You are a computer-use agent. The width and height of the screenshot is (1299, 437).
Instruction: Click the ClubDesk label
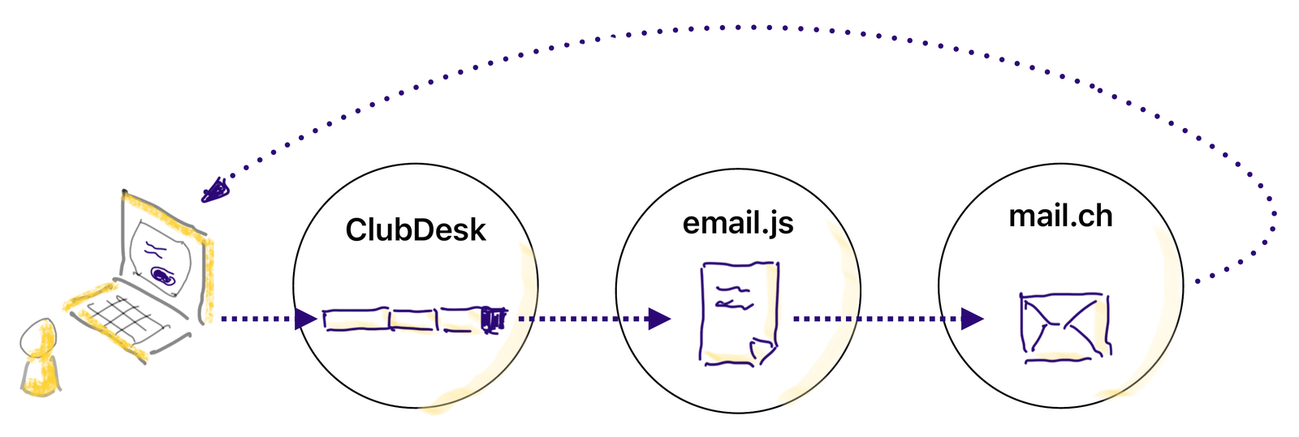pos(415,230)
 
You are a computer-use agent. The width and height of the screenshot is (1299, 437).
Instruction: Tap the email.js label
pos(737,222)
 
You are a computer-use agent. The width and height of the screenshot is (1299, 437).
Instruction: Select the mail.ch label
pos(1060,216)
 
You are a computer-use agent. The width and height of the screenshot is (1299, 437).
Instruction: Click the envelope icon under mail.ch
pos(1064,327)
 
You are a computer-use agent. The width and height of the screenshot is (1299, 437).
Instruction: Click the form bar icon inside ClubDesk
pos(414,319)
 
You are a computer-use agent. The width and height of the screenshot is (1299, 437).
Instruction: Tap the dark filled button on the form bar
pos(493,319)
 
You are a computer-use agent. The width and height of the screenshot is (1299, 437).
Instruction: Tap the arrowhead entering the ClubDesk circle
pos(305,319)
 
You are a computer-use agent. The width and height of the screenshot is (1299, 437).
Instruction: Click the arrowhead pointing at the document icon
pos(659,319)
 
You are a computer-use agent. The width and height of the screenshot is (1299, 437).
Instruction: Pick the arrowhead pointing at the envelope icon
pos(972,319)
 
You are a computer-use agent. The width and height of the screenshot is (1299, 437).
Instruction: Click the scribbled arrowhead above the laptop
pos(216,189)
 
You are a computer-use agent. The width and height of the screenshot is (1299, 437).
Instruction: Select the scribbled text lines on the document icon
pos(733,297)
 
